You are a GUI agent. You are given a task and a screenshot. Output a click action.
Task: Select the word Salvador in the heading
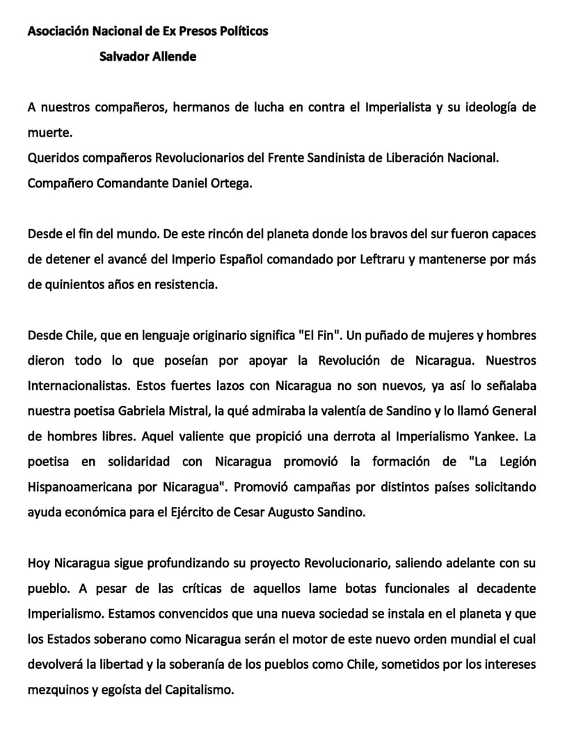tap(121, 56)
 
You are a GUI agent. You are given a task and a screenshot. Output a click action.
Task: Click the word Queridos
tap(51, 157)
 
